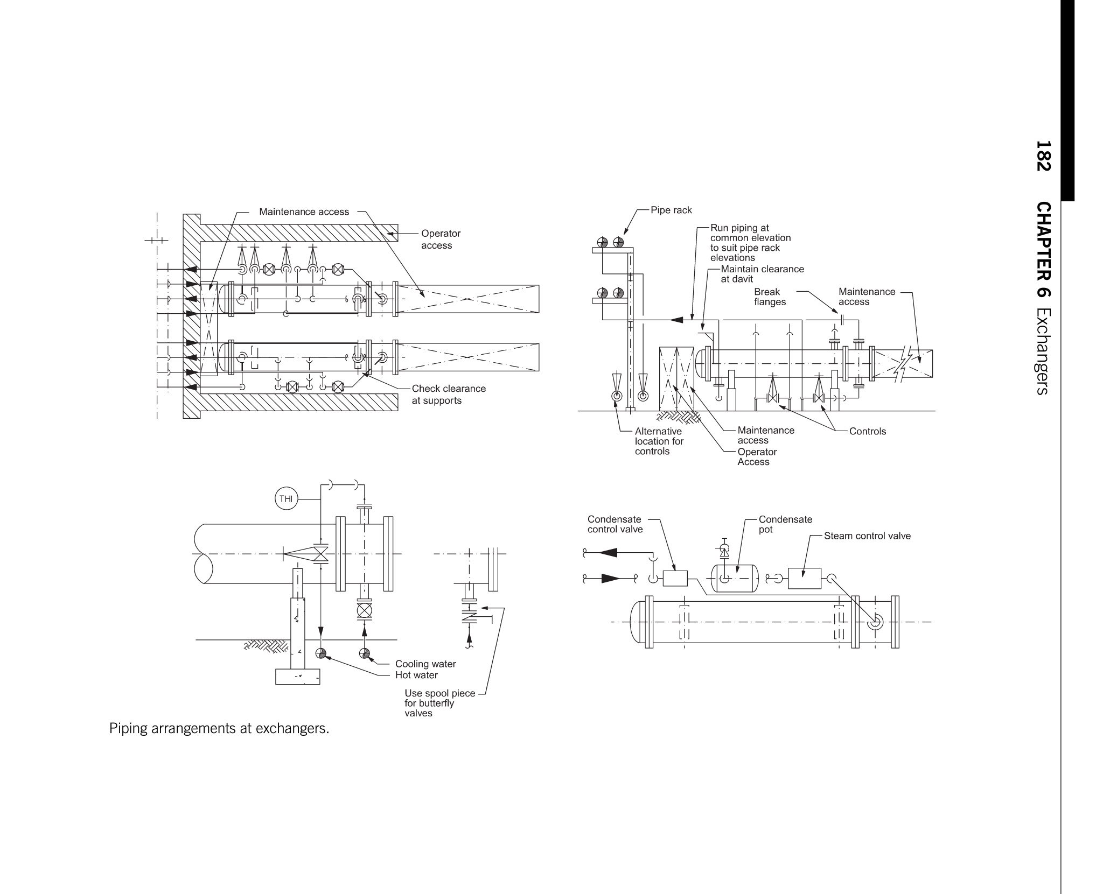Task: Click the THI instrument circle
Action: pos(286,498)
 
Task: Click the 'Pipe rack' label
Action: pos(671,210)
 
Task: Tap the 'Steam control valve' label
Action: pos(867,536)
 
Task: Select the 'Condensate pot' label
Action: pos(785,524)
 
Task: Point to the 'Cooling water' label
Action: pos(425,664)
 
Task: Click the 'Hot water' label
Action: pos(416,675)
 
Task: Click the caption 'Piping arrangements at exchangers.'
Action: pos(219,729)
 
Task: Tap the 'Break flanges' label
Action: pos(770,297)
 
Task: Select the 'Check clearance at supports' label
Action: pos(449,394)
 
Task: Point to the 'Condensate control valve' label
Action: pos(615,524)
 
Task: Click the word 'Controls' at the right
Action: pos(867,431)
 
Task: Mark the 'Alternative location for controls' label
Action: pos(659,441)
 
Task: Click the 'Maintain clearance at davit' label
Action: pos(762,273)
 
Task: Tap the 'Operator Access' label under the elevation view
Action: pos(757,456)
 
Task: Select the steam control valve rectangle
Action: pos(805,578)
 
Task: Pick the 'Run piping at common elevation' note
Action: pos(750,242)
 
